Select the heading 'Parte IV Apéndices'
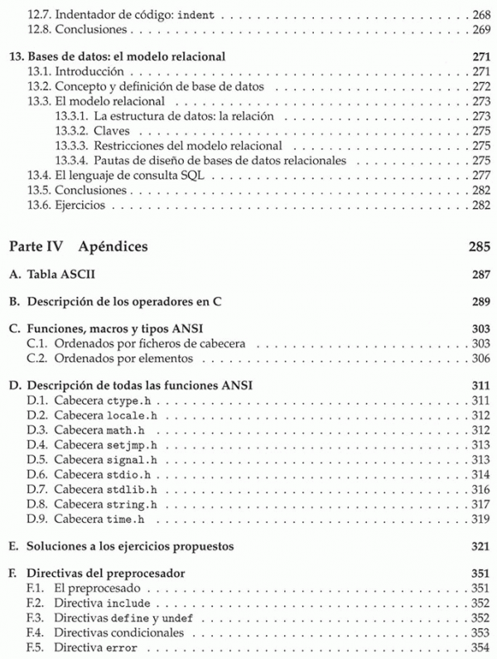click(78, 246)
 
